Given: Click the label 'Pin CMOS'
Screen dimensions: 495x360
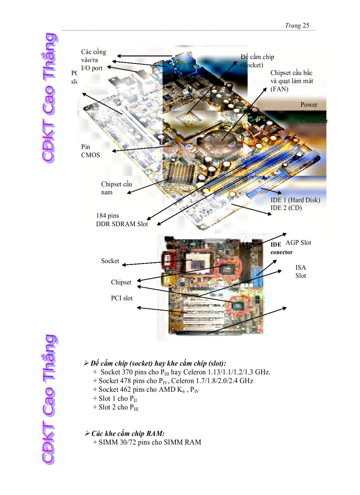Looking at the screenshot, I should pos(90,151).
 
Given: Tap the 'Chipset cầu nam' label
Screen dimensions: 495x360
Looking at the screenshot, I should pos(116,188).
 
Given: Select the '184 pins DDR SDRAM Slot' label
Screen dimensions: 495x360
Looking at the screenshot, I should pos(122,220).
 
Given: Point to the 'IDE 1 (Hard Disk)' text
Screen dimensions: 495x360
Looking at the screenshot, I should pos(295,200).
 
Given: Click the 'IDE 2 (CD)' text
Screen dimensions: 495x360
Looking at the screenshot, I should pos(286,208).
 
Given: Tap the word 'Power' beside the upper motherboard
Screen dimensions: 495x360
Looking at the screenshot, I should pos(309,105).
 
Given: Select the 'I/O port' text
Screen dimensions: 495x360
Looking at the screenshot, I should pos(92,68).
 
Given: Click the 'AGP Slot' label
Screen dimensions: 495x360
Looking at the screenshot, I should pos(298,243).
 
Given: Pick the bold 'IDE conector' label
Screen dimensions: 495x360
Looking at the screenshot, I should pos(281,248).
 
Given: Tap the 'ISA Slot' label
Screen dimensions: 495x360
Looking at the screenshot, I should pos(301,272).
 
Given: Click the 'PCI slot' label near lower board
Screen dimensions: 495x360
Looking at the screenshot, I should pos(122,298).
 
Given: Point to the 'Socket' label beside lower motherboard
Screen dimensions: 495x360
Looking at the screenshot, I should pos(110,261).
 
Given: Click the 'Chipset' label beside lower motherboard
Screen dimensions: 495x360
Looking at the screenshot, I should pos(121,282).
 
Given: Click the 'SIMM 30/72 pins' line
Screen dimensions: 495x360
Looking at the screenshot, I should pos(147,442).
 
